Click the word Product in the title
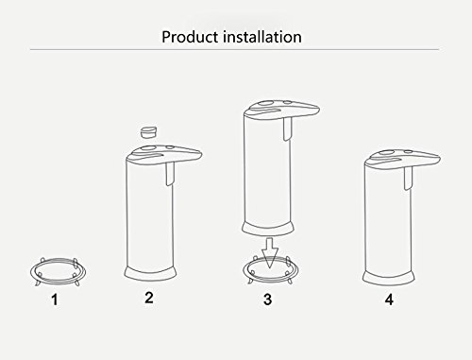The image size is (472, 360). pyautogui.click(x=190, y=37)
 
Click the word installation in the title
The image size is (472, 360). pyautogui.click(x=262, y=37)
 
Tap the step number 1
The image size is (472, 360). pyautogui.click(x=55, y=300)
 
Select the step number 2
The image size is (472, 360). pyautogui.click(x=149, y=298)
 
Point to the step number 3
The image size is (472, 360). pyautogui.click(x=267, y=300)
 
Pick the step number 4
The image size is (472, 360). pyautogui.click(x=389, y=300)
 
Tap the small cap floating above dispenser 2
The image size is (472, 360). pyautogui.click(x=148, y=132)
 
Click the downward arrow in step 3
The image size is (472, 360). pyautogui.click(x=270, y=252)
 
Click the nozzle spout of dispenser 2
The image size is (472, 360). pyautogui.click(x=169, y=174)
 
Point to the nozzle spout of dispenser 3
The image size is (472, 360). pyautogui.click(x=287, y=129)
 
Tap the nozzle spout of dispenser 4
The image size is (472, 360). pyautogui.click(x=408, y=179)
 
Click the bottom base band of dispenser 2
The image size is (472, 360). pyautogui.click(x=150, y=274)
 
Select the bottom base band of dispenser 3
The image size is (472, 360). pyautogui.click(x=268, y=229)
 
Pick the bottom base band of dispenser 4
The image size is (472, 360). pyautogui.click(x=389, y=278)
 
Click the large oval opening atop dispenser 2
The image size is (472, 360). pyautogui.click(x=147, y=148)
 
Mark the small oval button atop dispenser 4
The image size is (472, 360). pyautogui.click(x=408, y=152)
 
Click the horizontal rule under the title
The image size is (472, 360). pyautogui.click(x=234, y=49)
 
